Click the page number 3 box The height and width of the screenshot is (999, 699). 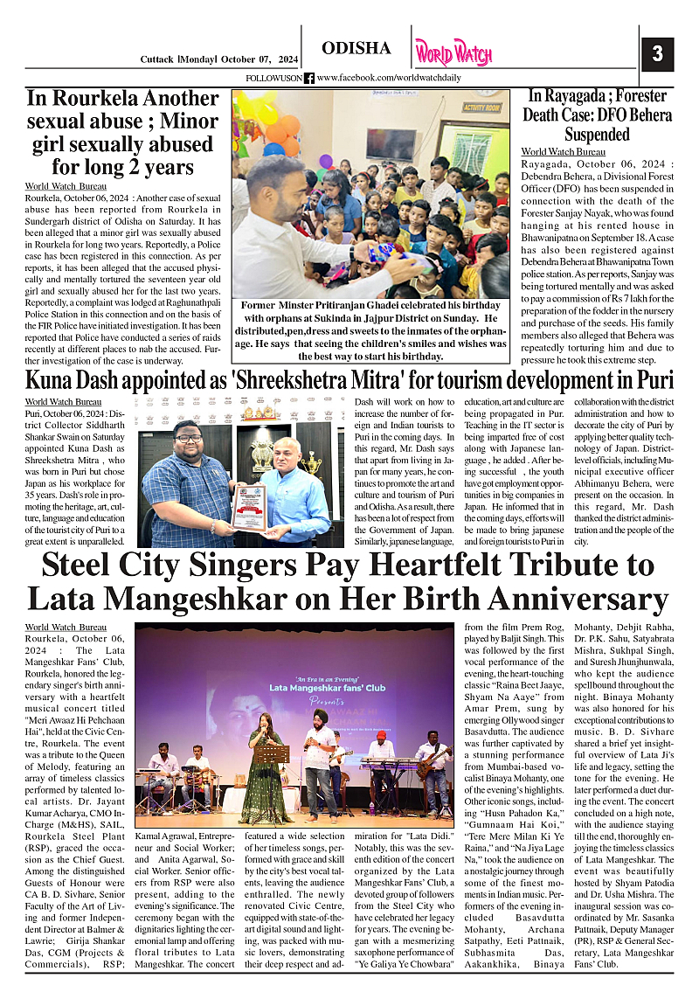click(657, 54)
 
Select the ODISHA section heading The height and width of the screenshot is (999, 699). click(356, 49)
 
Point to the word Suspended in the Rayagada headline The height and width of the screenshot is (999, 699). click(597, 135)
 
